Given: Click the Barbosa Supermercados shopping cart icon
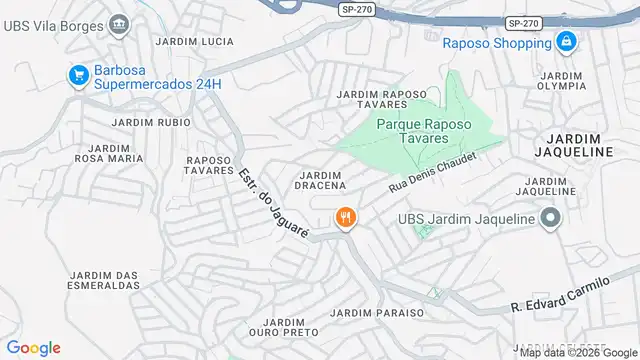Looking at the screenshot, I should [77, 75].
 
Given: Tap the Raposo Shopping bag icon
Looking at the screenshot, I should [566, 42].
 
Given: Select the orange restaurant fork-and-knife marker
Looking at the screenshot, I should [346, 217].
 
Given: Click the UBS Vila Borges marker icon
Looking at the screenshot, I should [119, 22].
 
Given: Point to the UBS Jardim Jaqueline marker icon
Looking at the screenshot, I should [550, 217].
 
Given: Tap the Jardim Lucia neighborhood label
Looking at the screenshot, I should [195, 41].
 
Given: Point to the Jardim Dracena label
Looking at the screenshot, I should [322, 180].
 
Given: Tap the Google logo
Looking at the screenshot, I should [33, 347].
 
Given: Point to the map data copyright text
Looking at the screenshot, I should [577, 352].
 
